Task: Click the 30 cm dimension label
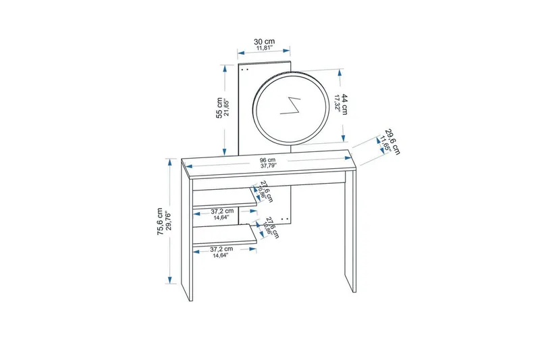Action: click(x=264, y=41)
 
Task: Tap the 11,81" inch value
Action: click(x=264, y=49)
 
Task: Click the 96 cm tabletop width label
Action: click(x=269, y=160)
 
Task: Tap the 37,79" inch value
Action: click(x=269, y=166)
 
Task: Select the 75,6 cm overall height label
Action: click(x=160, y=221)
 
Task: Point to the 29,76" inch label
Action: click(x=168, y=221)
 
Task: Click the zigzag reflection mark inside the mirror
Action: click(x=294, y=106)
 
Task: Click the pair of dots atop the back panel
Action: click(x=245, y=68)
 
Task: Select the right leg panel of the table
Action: click(x=348, y=230)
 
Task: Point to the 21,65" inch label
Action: click(x=227, y=107)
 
